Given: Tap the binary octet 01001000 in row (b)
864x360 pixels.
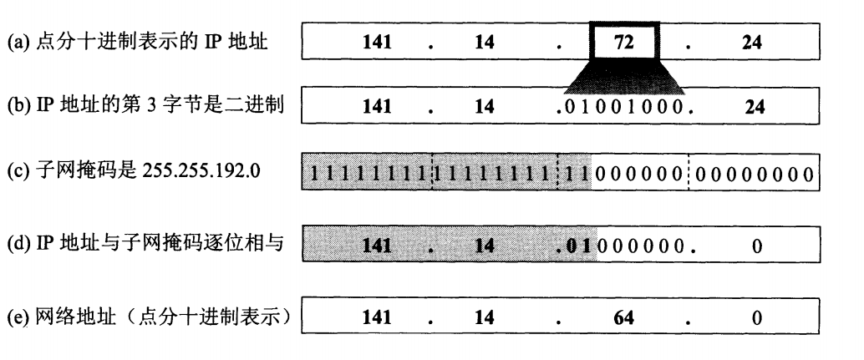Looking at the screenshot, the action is [626, 108].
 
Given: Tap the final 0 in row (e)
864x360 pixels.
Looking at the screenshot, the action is [756, 318].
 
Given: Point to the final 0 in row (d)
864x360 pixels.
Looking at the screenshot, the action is [756, 248].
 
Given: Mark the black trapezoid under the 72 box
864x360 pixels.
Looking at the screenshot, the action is [625, 77].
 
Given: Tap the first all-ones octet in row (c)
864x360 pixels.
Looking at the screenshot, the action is [368, 176].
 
